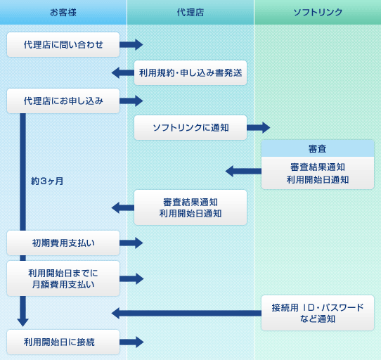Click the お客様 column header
pyautogui.click(x=63, y=12)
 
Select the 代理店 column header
pyautogui.click(x=190, y=12)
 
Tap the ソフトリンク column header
pyautogui.click(x=318, y=12)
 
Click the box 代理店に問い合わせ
pyautogui.click(x=63, y=45)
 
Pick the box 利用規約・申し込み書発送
pyautogui.click(x=190, y=72)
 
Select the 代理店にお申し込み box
pyautogui.click(x=63, y=101)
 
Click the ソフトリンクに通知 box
pyautogui.click(x=190, y=127)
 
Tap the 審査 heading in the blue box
pyautogui.click(x=318, y=148)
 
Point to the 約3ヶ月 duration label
pyautogui.click(x=47, y=181)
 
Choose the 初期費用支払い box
pyautogui.click(x=63, y=243)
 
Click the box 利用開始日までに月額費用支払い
pyautogui.click(x=63, y=278)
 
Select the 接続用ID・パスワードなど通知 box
pyautogui.click(x=318, y=313)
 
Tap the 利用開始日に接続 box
pyautogui.click(x=63, y=342)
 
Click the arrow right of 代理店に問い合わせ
pyautogui.click(x=131, y=45)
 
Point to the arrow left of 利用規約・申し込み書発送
pyautogui.click(x=123, y=72)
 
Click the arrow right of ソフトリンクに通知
pyautogui.click(x=259, y=127)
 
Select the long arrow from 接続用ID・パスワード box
pyautogui.click(x=186, y=313)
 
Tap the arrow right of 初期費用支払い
pyautogui.click(x=131, y=243)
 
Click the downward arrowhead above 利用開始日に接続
pyautogui.click(x=22, y=322)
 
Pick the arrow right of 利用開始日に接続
pyautogui.click(x=131, y=342)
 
